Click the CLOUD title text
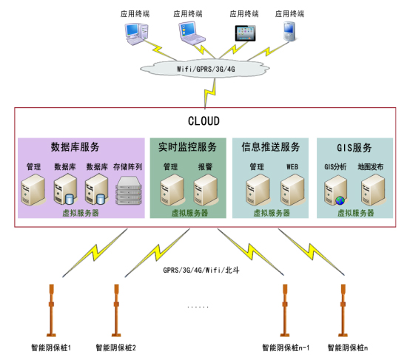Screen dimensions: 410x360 coord(204,121)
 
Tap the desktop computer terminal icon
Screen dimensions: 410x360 coord(136,34)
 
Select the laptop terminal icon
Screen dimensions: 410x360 coord(192,33)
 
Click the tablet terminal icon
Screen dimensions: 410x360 coord(245,33)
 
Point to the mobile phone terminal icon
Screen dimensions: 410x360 coord(289,31)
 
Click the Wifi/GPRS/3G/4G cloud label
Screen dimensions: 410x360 coord(206,69)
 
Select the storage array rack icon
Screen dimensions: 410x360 coord(129,191)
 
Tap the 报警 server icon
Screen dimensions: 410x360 coord(206,190)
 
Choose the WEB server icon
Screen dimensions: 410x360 coord(292,190)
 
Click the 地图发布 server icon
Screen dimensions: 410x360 coord(373,190)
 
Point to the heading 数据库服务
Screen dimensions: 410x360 coord(75,147)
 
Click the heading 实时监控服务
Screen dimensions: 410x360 coord(187,147)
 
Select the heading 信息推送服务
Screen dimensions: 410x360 coord(270,147)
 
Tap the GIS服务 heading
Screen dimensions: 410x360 coord(354,148)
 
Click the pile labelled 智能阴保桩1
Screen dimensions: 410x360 coord(51,310)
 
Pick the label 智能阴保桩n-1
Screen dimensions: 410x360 coord(286,347)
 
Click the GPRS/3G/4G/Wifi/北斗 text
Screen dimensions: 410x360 coord(201,270)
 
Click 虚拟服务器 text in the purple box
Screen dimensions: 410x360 coord(81,213)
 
